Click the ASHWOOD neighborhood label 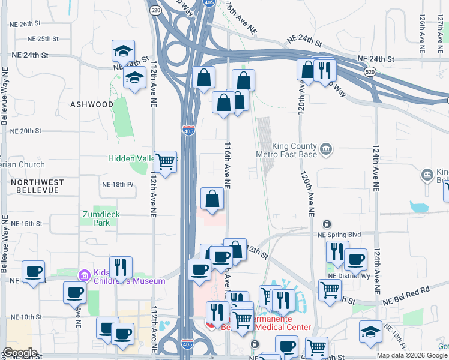[92, 104]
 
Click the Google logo [19, 353]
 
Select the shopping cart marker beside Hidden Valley [166, 161]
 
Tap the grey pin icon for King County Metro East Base [326, 148]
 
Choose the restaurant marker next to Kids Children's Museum [121, 267]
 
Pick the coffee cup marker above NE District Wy [355, 259]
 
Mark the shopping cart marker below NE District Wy [329, 290]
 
